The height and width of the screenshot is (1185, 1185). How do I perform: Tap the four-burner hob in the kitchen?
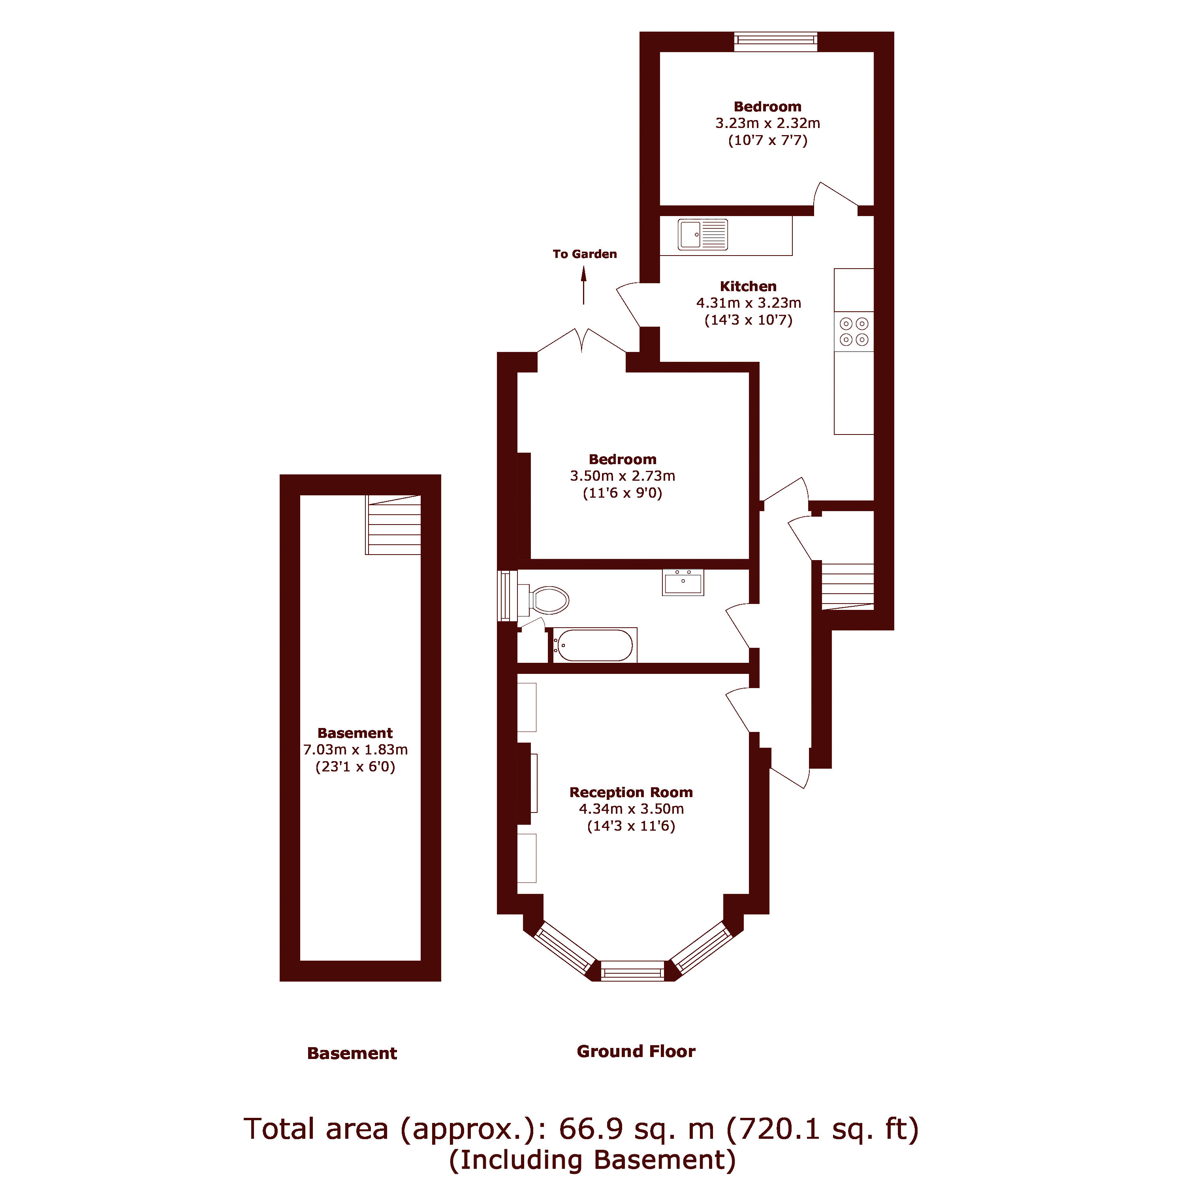coord(854,331)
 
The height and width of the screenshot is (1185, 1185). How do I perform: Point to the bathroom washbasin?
coord(683,582)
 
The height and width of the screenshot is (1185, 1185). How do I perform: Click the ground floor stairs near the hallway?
coord(847,586)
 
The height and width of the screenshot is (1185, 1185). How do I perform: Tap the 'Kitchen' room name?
coord(748,286)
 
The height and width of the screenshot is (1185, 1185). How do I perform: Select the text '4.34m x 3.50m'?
coord(631,809)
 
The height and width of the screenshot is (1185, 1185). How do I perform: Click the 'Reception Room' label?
coord(631,792)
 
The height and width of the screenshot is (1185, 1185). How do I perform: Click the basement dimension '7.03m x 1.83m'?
coord(355,750)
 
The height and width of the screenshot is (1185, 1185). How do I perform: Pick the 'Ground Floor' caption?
coord(636,1051)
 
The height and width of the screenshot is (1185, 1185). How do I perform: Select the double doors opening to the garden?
coord(581,342)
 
